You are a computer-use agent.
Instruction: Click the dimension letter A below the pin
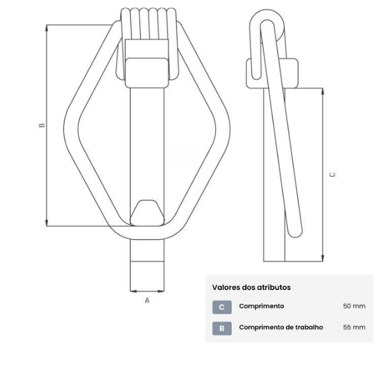click(147, 300)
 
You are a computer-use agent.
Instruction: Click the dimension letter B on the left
click(41, 125)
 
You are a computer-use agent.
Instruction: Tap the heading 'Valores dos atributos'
click(251, 287)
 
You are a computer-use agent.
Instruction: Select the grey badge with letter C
click(221, 307)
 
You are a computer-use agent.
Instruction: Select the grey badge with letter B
click(221, 328)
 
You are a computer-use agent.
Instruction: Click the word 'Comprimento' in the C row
click(261, 306)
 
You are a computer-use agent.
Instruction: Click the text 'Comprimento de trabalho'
click(281, 328)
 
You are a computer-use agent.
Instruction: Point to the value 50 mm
click(354, 306)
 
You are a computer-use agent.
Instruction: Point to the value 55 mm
click(354, 328)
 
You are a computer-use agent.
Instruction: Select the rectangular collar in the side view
click(273, 72)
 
